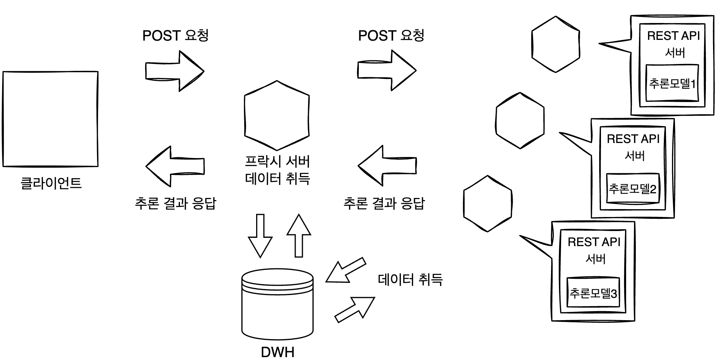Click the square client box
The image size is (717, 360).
pyautogui.click(x=50, y=119)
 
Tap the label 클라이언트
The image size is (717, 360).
pyautogui.click(x=51, y=183)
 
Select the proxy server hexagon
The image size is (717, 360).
pyautogui.click(x=277, y=115)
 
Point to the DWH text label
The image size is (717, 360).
pyautogui.click(x=277, y=352)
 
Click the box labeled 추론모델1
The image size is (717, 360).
pyautogui.click(x=672, y=83)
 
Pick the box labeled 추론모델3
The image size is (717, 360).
pyautogui.click(x=593, y=293)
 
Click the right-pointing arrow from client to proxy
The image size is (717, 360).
pyautogui.click(x=175, y=71)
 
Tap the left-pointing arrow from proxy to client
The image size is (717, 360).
pyautogui.click(x=175, y=166)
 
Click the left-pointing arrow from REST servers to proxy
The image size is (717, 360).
pyautogui.click(x=387, y=166)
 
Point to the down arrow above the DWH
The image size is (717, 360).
pyautogui.click(x=260, y=236)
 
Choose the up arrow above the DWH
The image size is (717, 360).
pyautogui.click(x=299, y=236)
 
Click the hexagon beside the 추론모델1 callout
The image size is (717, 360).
pyautogui.click(x=555, y=44)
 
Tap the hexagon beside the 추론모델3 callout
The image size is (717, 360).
pyautogui.click(x=487, y=203)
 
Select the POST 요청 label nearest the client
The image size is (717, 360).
pyautogui.click(x=175, y=36)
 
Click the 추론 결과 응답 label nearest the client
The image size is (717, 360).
pyautogui.click(x=175, y=203)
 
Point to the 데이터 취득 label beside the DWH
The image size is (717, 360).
pyautogui.click(x=410, y=280)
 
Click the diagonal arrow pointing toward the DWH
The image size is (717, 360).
pyautogui.click(x=345, y=271)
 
